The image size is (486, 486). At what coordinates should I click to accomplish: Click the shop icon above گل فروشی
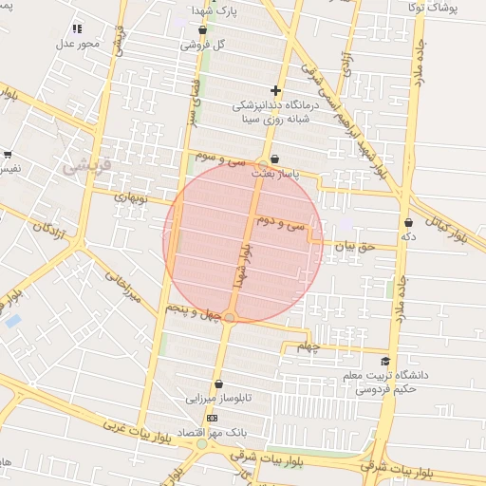(x=202, y=30)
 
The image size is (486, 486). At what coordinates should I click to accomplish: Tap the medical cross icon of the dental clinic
(x=275, y=90)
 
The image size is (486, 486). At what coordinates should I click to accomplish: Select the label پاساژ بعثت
(x=275, y=175)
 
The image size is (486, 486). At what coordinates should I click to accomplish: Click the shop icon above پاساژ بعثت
(x=275, y=159)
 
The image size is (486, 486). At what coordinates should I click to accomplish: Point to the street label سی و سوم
(x=220, y=157)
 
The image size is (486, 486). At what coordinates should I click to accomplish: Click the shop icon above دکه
(x=407, y=222)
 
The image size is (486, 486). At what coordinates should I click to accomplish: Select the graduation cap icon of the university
(x=385, y=361)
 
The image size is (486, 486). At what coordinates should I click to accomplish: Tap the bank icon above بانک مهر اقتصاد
(x=211, y=418)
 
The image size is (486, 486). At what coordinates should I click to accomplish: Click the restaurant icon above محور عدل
(x=77, y=28)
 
